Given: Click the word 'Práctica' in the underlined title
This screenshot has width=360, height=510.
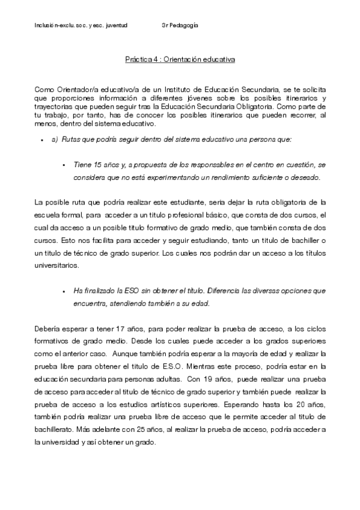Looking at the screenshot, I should click(136, 60).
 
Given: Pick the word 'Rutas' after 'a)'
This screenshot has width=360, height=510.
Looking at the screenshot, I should click(72, 140).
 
